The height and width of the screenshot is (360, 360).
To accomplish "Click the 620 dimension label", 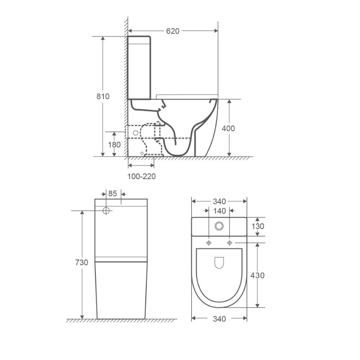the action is point(173,31).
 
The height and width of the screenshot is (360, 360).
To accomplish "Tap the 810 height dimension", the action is point(103,96).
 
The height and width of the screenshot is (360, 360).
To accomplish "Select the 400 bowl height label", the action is point(228,128).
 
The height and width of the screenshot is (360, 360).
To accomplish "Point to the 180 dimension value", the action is point(114,144).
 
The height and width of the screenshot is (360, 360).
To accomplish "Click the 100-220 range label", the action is point(141,176).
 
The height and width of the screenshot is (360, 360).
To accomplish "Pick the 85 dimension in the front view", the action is point(112,193).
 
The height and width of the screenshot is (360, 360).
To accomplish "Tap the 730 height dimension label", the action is point(81,262).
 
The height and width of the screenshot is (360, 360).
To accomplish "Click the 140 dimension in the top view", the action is point(220,211).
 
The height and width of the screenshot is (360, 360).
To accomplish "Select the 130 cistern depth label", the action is point(258,226).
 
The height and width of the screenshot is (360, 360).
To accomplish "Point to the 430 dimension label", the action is point(257,275).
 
